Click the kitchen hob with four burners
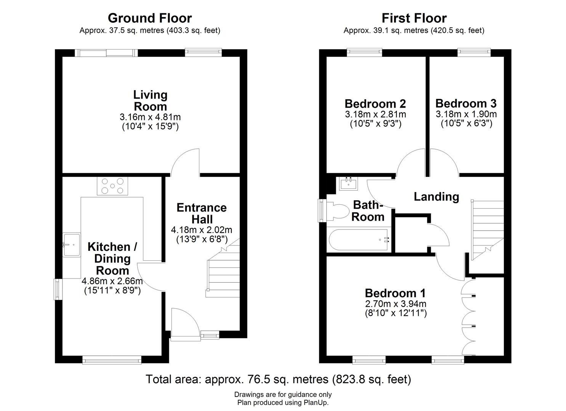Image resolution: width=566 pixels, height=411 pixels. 112,186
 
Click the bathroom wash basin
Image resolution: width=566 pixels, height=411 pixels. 349,184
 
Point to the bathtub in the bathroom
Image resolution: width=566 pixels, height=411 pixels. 359,240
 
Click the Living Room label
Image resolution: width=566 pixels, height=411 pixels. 150,100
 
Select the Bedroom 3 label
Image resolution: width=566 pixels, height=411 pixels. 466,104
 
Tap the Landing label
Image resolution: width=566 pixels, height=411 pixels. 436,197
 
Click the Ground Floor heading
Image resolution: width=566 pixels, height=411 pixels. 150,18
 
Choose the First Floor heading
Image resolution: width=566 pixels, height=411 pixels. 414,18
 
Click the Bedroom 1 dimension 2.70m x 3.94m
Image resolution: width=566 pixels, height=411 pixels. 396,304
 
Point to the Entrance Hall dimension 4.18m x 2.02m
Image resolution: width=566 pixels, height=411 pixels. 202,230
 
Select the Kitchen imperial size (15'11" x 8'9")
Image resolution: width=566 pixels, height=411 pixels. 112,290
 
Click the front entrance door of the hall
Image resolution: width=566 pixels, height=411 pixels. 185,323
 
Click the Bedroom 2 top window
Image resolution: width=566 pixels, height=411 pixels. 364,53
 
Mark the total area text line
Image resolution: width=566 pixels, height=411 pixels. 279,379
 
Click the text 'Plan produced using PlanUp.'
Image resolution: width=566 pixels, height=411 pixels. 283,402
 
